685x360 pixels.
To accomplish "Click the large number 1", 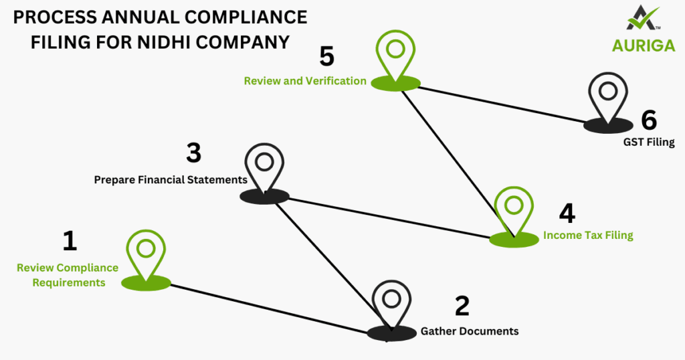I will tap(70, 241).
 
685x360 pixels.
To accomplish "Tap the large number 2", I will tap(462, 306).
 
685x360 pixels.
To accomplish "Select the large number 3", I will tap(193, 153).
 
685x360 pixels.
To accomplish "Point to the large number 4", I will tap(567, 213).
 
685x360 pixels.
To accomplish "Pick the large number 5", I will tap(326, 56).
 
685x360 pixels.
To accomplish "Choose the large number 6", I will tap(648, 120).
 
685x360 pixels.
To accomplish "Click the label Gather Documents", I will tap(469, 331).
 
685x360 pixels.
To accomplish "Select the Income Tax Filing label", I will tap(587, 235).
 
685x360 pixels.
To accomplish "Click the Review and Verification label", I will tap(304, 81).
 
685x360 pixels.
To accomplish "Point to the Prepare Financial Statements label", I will tap(171, 180).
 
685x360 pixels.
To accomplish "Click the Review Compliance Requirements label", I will tap(68, 275).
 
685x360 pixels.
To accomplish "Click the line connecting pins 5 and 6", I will tap(502, 104).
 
